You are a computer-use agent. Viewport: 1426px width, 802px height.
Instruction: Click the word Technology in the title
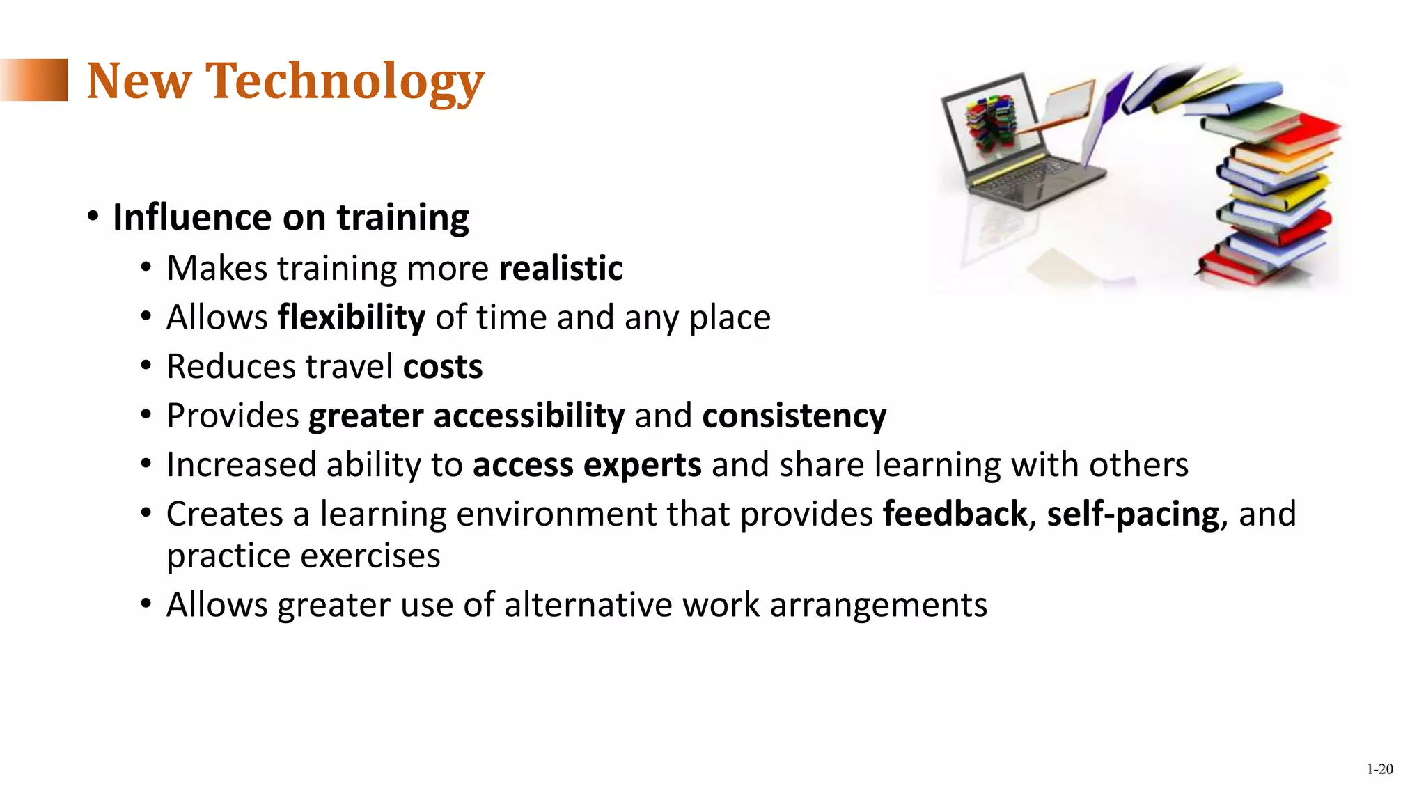pos(345,81)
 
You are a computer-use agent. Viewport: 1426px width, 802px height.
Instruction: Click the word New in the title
pos(139,81)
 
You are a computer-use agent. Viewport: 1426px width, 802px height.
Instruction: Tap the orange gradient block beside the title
pos(35,80)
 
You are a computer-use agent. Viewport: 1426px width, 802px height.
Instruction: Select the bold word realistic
pos(561,269)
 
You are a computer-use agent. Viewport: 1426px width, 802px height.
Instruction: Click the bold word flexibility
pos(351,317)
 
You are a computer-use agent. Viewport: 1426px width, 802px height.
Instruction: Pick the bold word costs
pos(443,367)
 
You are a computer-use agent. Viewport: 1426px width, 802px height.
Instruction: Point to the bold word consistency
pos(794,416)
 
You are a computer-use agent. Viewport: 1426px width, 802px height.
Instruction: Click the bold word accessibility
pos(529,416)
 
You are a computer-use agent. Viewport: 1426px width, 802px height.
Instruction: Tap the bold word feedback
pos(955,514)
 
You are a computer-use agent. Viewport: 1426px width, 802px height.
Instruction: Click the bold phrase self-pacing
pos(1133,514)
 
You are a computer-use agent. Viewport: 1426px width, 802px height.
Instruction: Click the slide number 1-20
pos(1379,769)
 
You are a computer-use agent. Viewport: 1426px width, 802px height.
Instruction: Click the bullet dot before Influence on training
pos(93,217)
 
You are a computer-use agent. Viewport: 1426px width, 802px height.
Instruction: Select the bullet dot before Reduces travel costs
pos(146,366)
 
